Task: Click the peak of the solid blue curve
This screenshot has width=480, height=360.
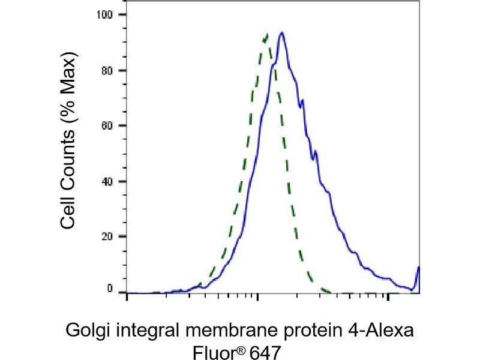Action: pyautogui.click(x=281, y=33)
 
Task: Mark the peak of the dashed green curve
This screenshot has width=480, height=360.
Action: pyautogui.click(x=266, y=35)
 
